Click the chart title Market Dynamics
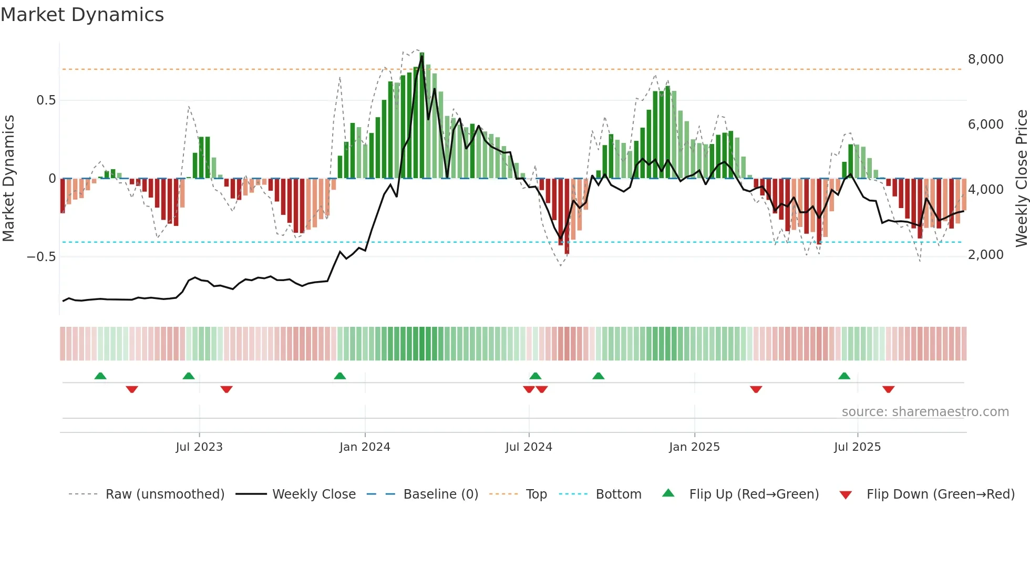(83, 15)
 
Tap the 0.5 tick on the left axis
(46, 100)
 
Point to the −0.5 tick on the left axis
(41, 257)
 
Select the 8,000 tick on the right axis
(985, 59)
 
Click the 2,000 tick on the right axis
(985, 255)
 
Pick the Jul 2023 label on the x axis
(199, 447)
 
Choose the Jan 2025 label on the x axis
(694, 447)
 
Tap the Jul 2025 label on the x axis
(857, 447)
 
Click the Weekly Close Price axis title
(1021, 179)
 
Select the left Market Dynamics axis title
(9, 179)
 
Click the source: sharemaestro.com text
(925, 412)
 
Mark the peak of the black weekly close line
(422, 57)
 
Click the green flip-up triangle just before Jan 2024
(340, 376)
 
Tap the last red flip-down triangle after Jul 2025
(888, 389)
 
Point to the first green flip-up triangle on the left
(100, 376)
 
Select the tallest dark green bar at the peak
(422, 116)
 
